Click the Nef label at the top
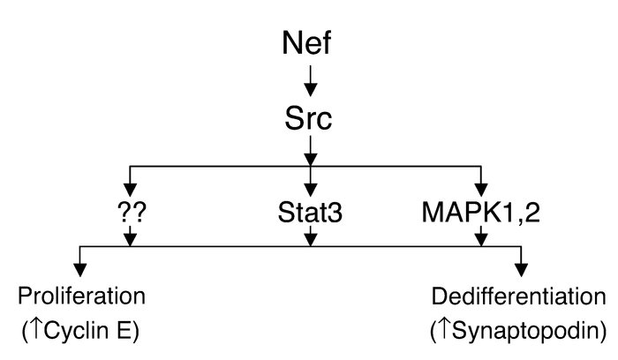(309, 41)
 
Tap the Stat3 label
(309, 213)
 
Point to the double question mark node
(131, 213)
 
